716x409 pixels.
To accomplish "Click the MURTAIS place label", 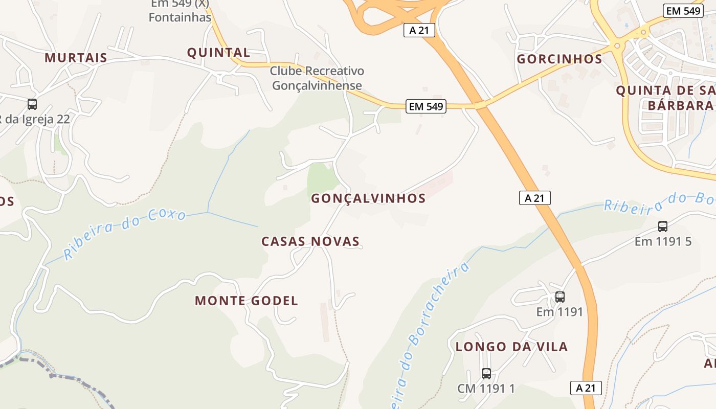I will tap(76, 58).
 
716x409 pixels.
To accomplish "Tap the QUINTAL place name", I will tap(218, 53).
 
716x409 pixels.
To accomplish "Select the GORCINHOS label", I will tap(560, 59).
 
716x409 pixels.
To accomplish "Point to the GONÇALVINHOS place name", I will tap(368, 199).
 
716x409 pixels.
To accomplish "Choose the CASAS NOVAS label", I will tap(310, 242).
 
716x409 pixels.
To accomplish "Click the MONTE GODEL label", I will tap(246, 301).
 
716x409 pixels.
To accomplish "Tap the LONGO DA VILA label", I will tap(511, 347).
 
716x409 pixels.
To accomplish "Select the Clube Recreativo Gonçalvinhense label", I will tap(317, 78).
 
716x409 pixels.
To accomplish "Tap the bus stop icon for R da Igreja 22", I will tap(32, 104).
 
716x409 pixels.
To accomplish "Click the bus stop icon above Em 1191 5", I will tap(663, 226).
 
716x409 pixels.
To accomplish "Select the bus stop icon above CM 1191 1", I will tap(486, 374).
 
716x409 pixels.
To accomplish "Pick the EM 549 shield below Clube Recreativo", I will tap(426, 106).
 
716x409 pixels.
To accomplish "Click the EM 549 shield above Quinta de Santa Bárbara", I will tap(683, 11).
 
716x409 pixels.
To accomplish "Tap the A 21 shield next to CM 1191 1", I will tap(586, 388).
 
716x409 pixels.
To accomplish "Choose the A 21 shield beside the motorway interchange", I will tap(419, 30).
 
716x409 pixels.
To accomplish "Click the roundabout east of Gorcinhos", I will tap(617, 46).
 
